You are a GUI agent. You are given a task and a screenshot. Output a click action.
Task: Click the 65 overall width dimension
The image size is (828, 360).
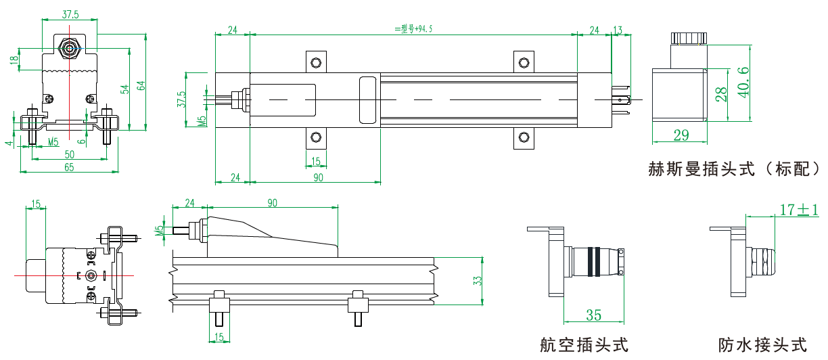click(x=70, y=166)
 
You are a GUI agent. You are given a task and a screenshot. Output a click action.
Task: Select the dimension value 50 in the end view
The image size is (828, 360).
click(x=70, y=154)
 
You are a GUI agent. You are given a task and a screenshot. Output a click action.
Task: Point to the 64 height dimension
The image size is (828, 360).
click(x=141, y=85)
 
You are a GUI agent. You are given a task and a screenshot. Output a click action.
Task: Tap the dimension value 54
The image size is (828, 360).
click(x=124, y=89)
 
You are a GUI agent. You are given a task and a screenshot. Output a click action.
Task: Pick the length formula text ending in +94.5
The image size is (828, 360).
click(x=413, y=29)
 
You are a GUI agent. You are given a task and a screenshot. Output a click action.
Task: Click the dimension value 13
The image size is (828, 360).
click(x=617, y=30)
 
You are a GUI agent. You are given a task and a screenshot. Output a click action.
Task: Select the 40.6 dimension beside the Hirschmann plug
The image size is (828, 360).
click(x=743, y=82)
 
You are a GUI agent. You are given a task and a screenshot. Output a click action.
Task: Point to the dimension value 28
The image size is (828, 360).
click(x=721, y=93)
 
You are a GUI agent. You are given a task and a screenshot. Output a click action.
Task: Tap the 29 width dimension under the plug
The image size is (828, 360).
click(x=681, y=135)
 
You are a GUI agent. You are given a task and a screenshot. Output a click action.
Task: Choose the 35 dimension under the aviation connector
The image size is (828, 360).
click(x=593, y=315)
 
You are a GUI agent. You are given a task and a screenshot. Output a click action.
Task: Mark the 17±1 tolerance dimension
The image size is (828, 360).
click(x=798, y=210)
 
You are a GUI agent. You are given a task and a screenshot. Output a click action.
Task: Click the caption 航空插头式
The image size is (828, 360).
click(x=584, y=345)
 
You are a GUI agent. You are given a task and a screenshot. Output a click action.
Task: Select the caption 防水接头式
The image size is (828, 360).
click(x=763, y=345)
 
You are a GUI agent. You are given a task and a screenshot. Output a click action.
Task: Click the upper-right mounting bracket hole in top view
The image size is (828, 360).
click(x=522, y=63)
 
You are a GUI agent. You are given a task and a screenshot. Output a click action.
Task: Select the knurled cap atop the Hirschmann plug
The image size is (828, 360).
click(x=689, y=38)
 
